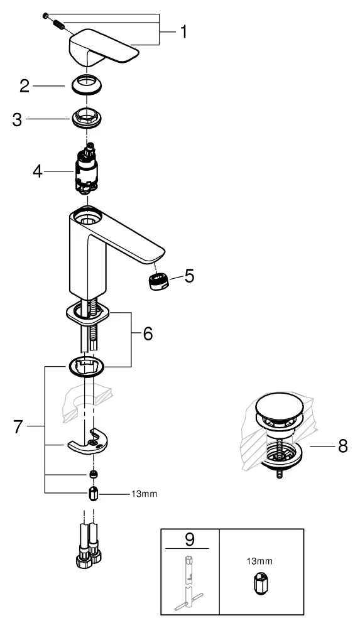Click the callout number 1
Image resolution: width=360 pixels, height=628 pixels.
click(x=182, y=31)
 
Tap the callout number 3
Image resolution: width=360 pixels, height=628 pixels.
click(x=19, y=119)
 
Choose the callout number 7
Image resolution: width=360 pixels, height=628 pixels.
click(x=19, y=426)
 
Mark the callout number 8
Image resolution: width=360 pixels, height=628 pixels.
click(x=341, y=447)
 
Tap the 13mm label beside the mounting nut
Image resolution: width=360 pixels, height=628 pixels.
click(x=144, y=494)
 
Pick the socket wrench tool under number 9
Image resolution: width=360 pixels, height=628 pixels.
click(x=189, y=581)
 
